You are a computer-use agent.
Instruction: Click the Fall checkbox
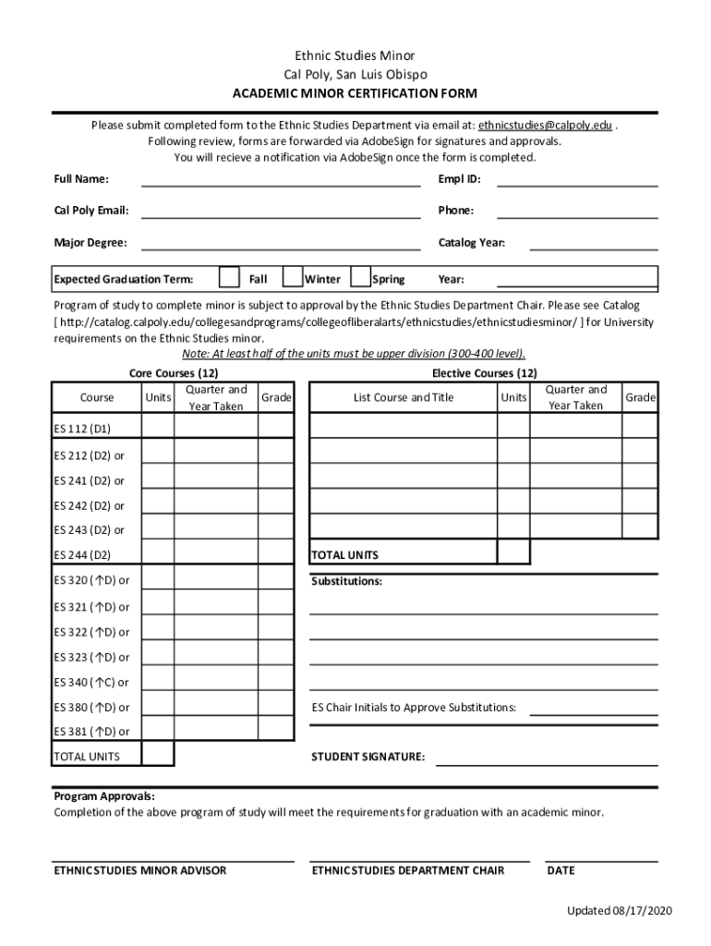click(x=230, y=278)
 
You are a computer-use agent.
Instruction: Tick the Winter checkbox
click(x=293, y=278)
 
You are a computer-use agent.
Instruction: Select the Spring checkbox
click(x=361, y=278)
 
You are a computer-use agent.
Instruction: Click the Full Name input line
click(x=281, y=180)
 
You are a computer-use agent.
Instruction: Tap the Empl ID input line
click(x=577, y=180)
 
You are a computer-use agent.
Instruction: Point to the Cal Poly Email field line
click(x=281, y=212)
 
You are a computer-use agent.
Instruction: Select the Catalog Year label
click(x=471, y=244)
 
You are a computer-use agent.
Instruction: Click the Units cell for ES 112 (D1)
click(x=157, y=426)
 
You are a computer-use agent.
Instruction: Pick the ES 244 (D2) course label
click(x=82, y=555)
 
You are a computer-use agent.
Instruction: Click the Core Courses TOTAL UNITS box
click(x=157, y=754)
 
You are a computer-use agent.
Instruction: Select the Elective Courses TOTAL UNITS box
click(x=513, y=552)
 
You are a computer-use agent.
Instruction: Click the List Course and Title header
click(x=404, y=398)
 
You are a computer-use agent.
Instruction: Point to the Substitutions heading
click(x=346, y=582)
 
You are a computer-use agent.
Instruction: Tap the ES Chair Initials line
click(x=594, y=709)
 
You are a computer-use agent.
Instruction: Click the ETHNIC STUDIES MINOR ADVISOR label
click(x=140, y=871)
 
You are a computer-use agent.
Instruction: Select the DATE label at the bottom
click(x=560, y=871)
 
